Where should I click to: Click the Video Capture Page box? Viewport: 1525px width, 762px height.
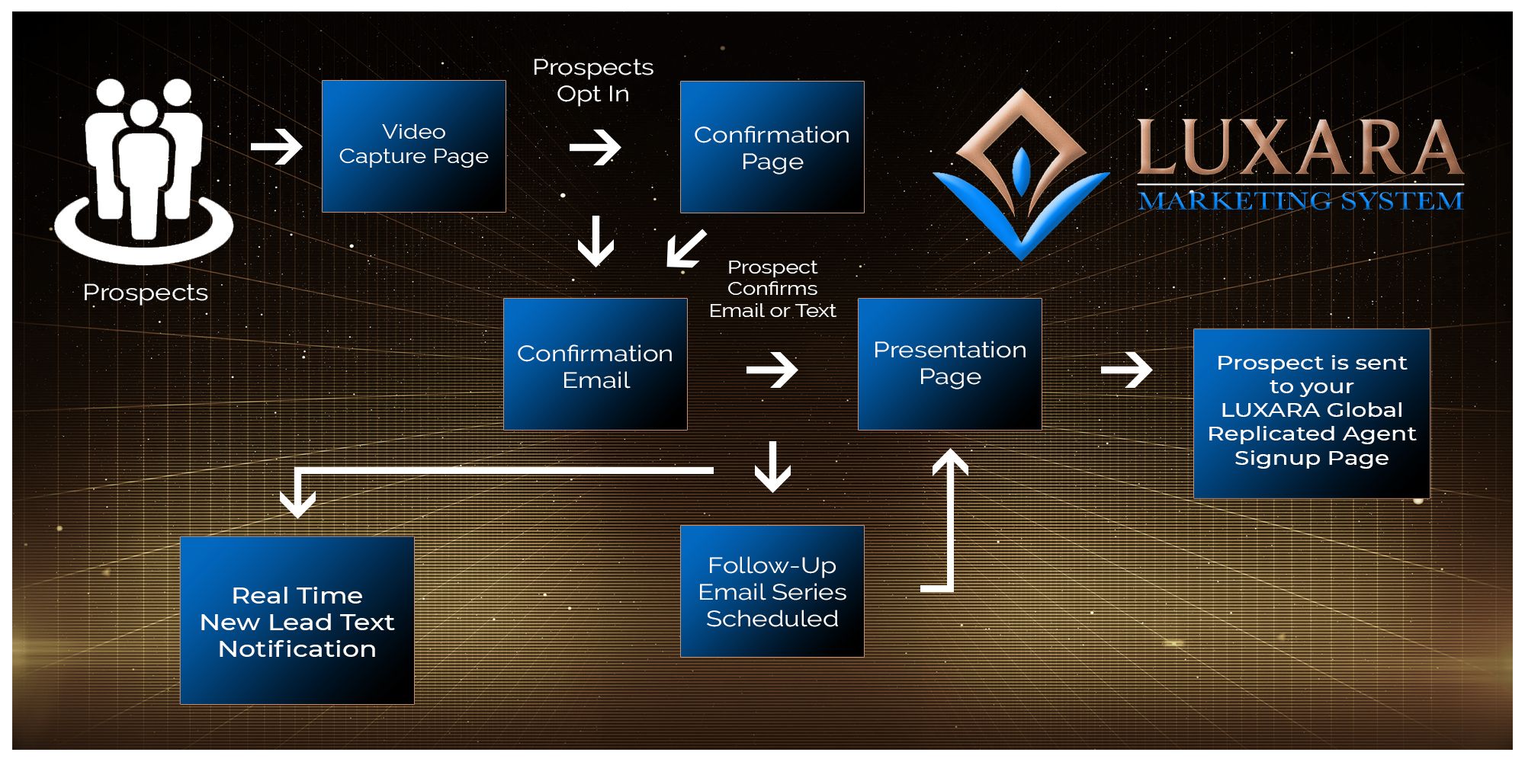point(414,146)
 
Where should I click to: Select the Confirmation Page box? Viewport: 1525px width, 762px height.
point(772,147)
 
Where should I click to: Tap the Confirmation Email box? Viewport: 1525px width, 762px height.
point(596,364)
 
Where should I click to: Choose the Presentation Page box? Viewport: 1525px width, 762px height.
point(949,363)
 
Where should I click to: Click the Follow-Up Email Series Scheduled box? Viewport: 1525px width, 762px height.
point(772,591)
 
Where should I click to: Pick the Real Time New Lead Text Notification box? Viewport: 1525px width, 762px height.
point(297,620)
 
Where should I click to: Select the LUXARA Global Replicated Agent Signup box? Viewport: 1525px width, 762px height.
point(1311,413)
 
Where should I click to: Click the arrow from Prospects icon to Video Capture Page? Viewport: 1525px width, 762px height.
point(277,146)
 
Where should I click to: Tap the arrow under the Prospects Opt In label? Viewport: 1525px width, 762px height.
point(596,147)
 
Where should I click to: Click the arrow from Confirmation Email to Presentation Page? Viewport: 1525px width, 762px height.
point(772,370)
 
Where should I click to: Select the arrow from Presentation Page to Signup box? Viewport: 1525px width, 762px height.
point(1127,370)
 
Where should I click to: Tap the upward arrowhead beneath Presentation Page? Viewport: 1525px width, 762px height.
point(950,462)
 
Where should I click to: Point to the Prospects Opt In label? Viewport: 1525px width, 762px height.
point(593,80)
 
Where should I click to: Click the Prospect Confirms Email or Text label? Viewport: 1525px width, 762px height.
point(772,289)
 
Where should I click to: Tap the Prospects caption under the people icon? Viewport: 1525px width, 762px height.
point(145,293)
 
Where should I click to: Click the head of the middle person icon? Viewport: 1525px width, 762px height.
point(143,113)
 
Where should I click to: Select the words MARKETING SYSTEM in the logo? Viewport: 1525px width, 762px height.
point(1301,201)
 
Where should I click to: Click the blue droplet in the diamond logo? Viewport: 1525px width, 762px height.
point(1022,169)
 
